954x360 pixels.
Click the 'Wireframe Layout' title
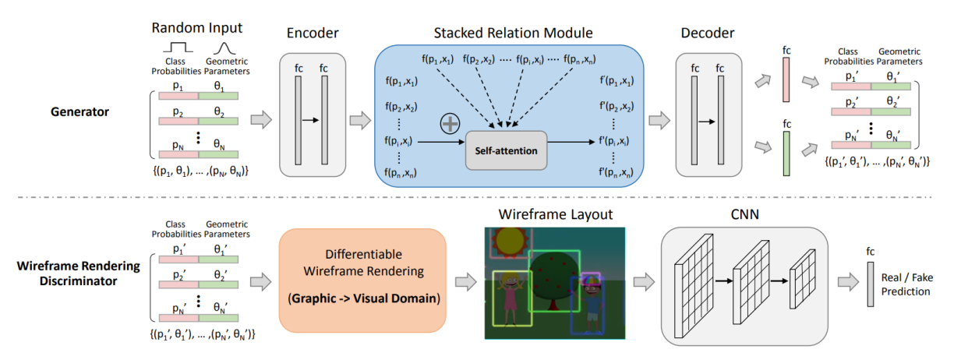click(x=554, y=213)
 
